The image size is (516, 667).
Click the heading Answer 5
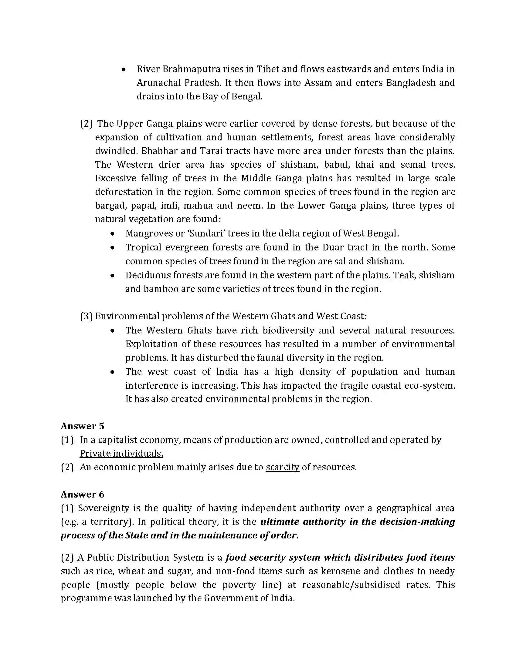click(82, 426)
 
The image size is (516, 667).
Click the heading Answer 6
click(82, 494)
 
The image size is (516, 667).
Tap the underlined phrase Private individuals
click(121, 454)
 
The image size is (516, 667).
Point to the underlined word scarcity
click(282, 467)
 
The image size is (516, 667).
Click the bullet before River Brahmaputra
click(124, 70)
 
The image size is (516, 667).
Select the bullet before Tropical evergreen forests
click(113, 248)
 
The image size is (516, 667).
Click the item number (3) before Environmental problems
click(86, 316)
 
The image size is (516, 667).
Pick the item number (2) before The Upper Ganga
click(86, 124)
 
